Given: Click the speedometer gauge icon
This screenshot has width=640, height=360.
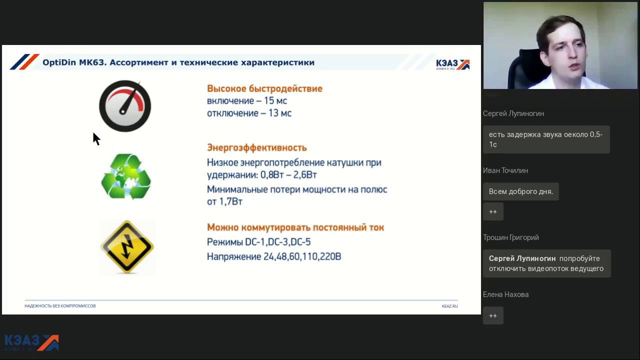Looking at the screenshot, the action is click(x=125, y=106).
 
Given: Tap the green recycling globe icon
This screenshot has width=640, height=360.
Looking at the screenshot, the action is click(x=125, y=176).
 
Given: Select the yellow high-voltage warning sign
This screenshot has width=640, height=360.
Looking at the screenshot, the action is click(x=127, y=247).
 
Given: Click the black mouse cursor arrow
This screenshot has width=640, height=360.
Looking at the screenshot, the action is click(x=96, y=139).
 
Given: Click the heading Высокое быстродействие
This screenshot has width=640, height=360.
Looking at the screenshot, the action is click(x=264, y=88).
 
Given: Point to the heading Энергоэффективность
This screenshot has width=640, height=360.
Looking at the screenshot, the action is click(x=256, y=147).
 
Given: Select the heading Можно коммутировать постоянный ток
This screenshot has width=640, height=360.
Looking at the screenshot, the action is click(x=295, y=227).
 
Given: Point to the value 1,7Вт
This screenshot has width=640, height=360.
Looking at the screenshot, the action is click(x=231, y=201).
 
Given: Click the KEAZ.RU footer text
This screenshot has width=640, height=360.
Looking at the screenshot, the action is click(x=449, y=306).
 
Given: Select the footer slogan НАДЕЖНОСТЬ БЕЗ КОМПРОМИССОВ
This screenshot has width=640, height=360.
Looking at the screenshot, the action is click(x=60, y=306).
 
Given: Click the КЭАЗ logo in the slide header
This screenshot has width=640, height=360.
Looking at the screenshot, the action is click(x=453, y=64).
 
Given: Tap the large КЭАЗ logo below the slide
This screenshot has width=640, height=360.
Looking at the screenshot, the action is click(x=31, y=342).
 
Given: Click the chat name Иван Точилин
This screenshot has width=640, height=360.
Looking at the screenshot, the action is click(x=505, y=170).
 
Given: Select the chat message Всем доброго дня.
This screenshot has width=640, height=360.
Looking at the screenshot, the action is click(x=521, y=191).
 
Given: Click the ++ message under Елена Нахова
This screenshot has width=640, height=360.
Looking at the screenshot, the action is click(x=493, y=315).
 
